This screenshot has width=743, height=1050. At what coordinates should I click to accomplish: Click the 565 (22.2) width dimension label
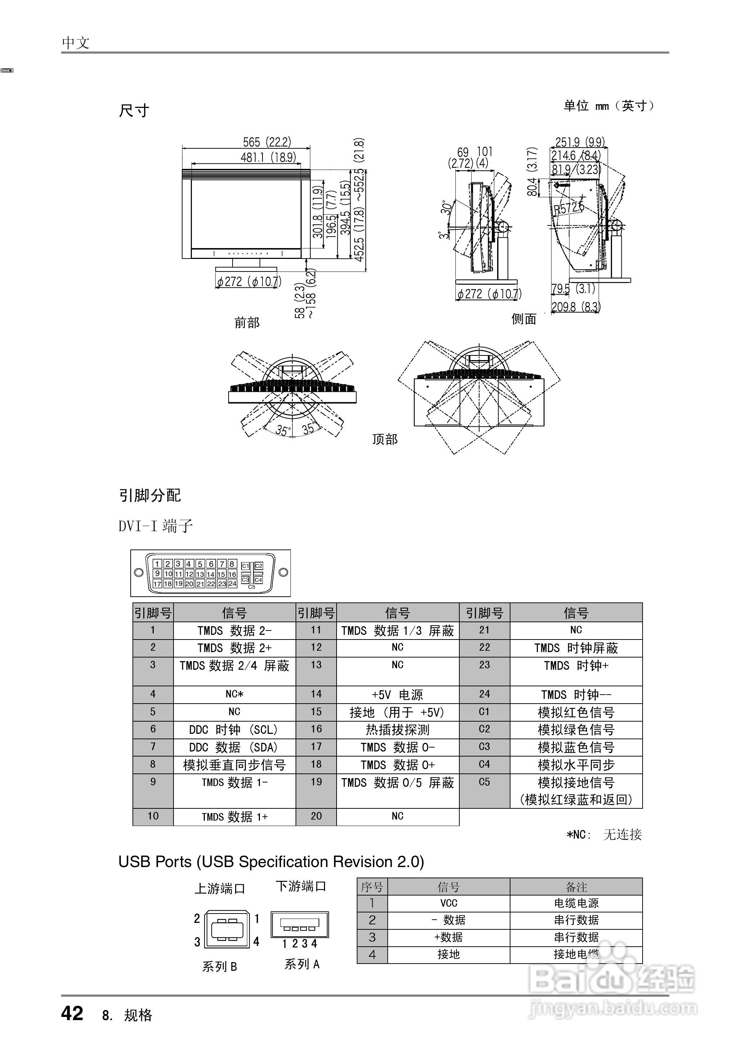tap(267, 142)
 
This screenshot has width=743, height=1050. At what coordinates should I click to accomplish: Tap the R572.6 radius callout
tap(569, 208)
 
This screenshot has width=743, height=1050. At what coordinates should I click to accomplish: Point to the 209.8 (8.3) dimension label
tap(576, 306)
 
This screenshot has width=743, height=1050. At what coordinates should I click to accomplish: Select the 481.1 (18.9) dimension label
tap(268, 157)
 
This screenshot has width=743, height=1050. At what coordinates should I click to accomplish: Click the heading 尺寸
tap(134, 111)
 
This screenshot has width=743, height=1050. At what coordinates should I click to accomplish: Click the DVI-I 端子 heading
tap(156, 526)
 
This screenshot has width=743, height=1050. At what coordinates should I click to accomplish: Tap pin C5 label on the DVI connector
tap(252, 587)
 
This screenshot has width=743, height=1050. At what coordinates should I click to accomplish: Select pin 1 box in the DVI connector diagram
tap(157, 564)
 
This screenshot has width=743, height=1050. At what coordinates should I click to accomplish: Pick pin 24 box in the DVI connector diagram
tap(233, 583)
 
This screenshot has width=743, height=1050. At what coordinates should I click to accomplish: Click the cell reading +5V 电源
tap(397, 695)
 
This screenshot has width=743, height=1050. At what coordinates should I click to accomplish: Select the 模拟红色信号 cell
tap(576, 712)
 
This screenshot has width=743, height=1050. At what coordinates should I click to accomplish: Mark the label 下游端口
tap(301, 886)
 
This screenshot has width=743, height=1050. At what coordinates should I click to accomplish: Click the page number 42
tap(72, 1013)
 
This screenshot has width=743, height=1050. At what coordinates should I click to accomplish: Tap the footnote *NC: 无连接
tap(604, 835)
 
